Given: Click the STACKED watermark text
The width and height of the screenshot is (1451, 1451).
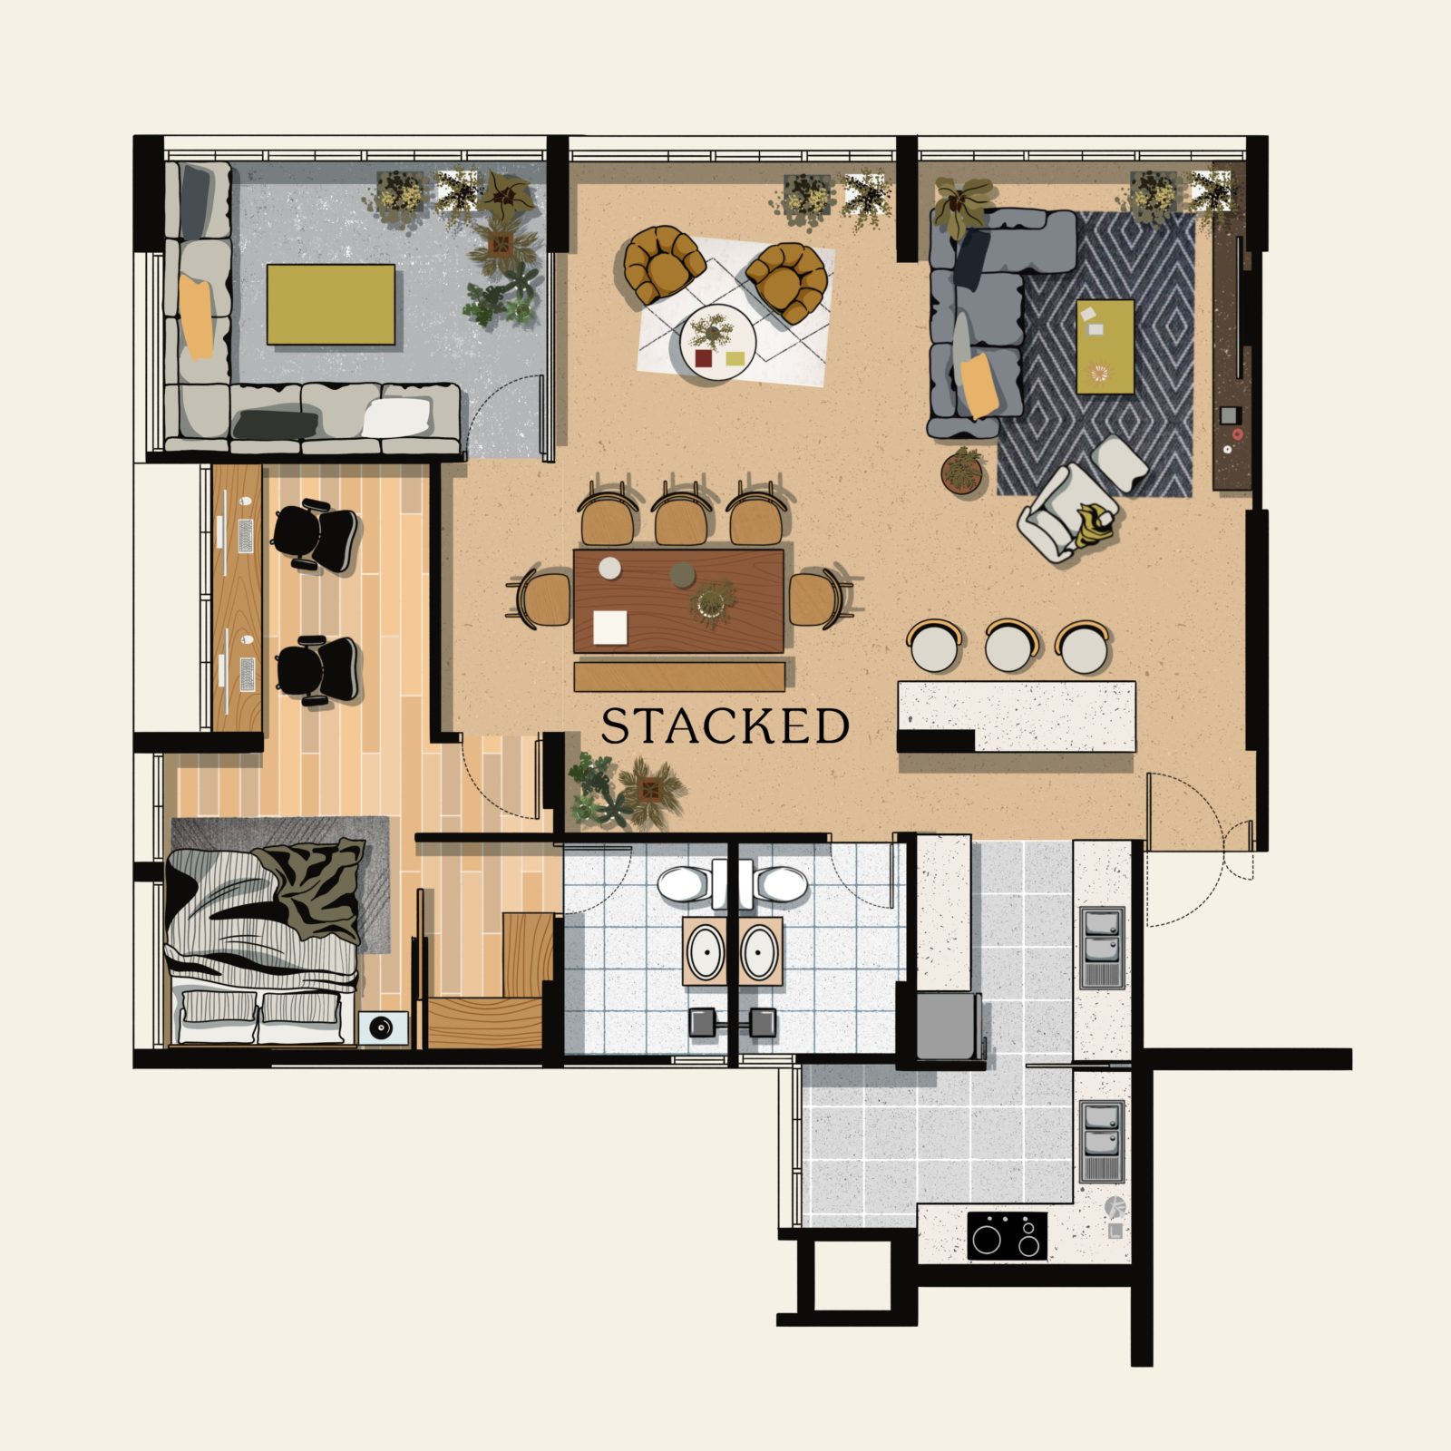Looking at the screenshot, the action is point(725,725).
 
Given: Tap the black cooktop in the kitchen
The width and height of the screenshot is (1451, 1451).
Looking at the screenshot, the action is point(1007,1235).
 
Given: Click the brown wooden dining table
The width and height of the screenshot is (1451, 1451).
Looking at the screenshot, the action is point(678,599).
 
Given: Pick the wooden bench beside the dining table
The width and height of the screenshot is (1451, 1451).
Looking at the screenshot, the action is point(680,675).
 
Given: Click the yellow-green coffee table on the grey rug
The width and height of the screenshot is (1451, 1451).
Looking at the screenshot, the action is point(1105,346).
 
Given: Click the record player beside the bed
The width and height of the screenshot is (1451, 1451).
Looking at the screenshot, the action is point(381,1027).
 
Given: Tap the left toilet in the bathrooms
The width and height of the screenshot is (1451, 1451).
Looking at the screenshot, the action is point(687,884).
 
